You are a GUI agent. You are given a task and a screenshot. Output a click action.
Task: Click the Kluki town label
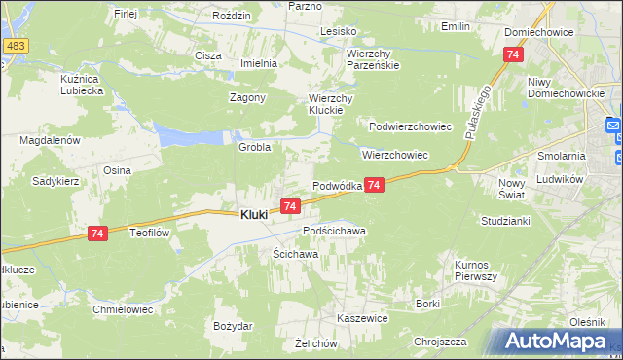(x=255, y=215)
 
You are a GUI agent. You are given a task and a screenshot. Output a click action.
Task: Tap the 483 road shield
(x=15, y=47)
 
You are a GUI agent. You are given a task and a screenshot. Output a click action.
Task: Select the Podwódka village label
(x=337, y=186)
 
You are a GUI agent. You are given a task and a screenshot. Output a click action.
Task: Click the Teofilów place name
(x=151, y=234)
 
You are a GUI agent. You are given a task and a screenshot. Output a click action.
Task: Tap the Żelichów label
(x=315, y=344)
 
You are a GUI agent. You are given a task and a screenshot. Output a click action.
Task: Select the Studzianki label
(x=504, y=221)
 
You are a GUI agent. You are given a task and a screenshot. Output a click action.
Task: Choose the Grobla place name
(x=254, y=147)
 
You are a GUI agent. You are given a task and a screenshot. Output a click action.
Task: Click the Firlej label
(x=126, y=14)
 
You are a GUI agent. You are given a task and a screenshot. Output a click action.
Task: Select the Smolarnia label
(x=561, y=156)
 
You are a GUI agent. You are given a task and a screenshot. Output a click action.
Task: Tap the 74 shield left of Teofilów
(x=95, y=234)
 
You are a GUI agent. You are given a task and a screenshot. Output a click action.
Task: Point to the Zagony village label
(x=247, y=98)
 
